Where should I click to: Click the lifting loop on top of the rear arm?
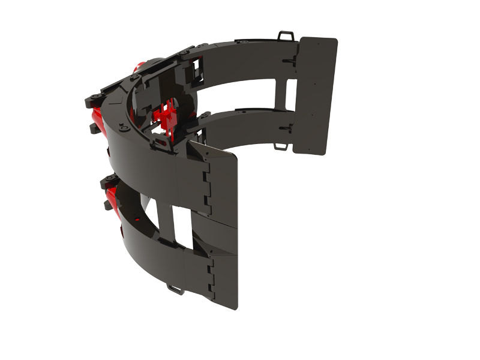point(286,36)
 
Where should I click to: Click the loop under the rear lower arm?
point(280,146)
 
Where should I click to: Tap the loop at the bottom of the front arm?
point(175,290)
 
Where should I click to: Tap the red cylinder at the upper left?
point(96,114)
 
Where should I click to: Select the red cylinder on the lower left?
point(110,195)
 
